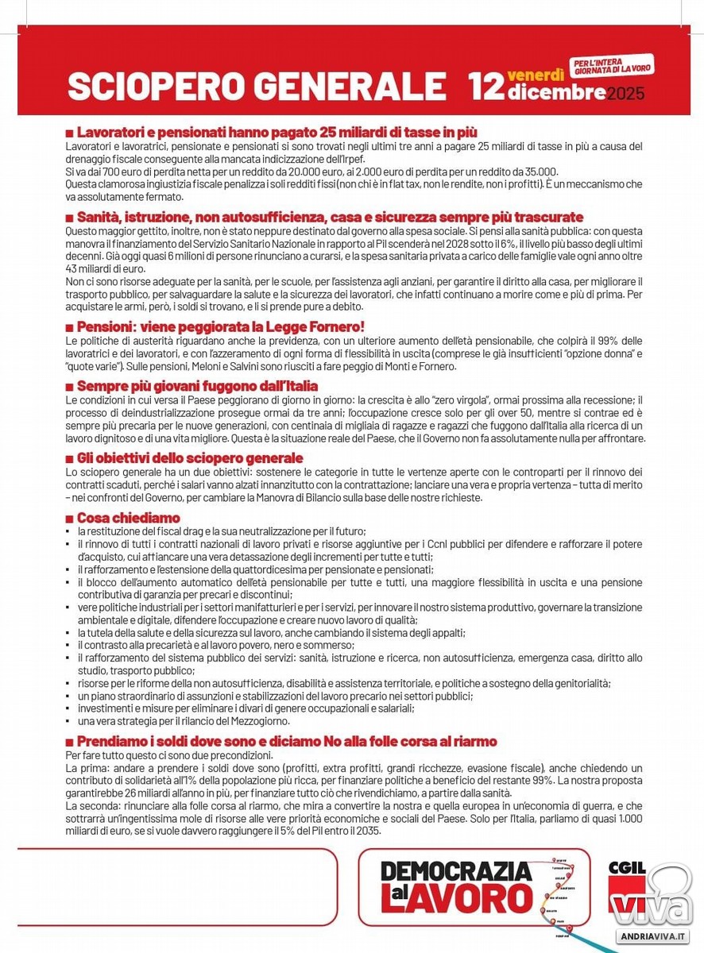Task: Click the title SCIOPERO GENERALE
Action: point(256,87)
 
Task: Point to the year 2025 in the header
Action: point(626,95)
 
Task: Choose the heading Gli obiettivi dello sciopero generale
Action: point(189,458)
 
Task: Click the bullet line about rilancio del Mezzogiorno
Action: point(183,721)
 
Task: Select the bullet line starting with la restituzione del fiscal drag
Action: point(221,531)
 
